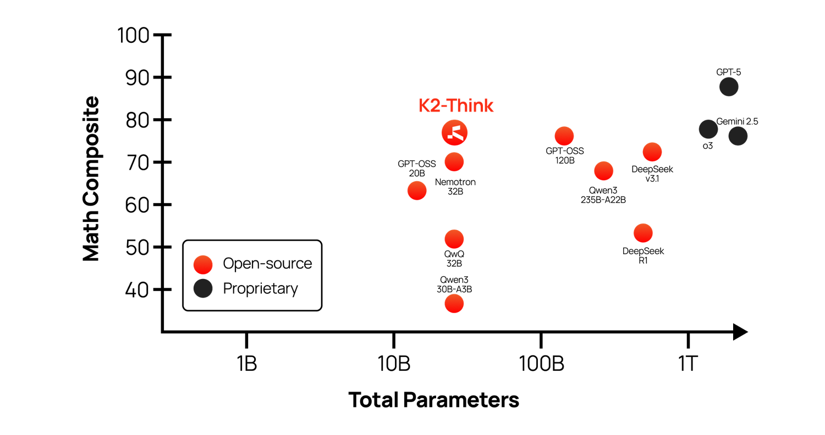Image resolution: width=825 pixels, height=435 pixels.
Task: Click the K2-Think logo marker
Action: pos(454,132)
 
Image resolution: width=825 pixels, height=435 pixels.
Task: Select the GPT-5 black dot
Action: pos(729,87)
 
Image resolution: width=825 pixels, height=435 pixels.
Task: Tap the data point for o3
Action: pos(708,130)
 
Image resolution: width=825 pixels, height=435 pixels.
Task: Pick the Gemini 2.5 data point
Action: pos(738,136)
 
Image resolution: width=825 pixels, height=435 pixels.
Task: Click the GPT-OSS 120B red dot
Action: pos(564,136)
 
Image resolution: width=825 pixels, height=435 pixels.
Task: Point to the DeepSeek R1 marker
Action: pos(643,233)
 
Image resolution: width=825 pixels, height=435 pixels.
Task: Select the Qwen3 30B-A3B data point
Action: pos(454,304)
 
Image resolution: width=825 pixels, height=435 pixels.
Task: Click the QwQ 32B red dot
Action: pos(454,239)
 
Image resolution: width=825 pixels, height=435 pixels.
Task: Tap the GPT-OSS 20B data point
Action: pos(417,191)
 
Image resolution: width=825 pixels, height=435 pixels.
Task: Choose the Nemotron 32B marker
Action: pos(454,162)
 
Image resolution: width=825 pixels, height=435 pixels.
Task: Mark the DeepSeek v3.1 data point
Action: pos(652,152)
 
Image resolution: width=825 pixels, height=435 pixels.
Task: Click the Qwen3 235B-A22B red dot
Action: pos(604,171)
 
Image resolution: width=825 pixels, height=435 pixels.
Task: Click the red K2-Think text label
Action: pos(456,105)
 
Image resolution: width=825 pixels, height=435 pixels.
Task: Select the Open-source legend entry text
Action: pos(267,264)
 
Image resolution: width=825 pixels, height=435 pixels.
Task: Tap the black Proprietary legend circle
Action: pos(203,288)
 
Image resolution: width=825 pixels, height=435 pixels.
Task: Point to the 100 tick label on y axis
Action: pos(133,36)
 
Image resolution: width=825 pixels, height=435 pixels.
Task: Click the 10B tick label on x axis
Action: pos(394,364)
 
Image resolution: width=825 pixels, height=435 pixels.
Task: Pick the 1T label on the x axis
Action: pos(687,364)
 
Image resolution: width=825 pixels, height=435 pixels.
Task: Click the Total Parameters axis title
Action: pos(434,400)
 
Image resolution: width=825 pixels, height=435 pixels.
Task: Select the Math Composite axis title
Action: pos(91,179)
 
